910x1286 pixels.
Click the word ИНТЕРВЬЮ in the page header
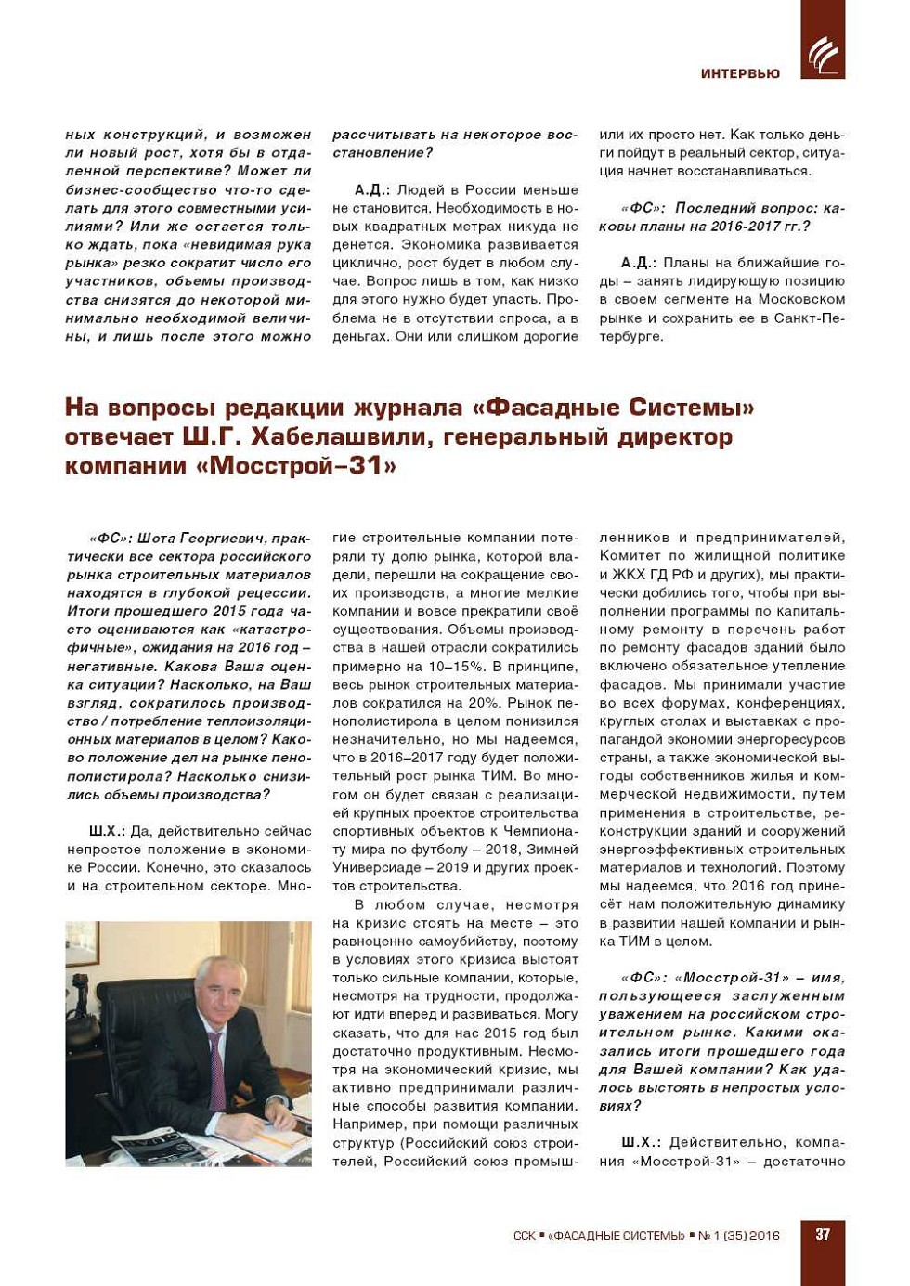[x=740, y=73]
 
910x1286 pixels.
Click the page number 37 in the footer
[x=823, y=1234]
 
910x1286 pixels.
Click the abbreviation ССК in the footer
[x=524, y=1236]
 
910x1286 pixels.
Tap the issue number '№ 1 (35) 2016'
[x=739, y=1236]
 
